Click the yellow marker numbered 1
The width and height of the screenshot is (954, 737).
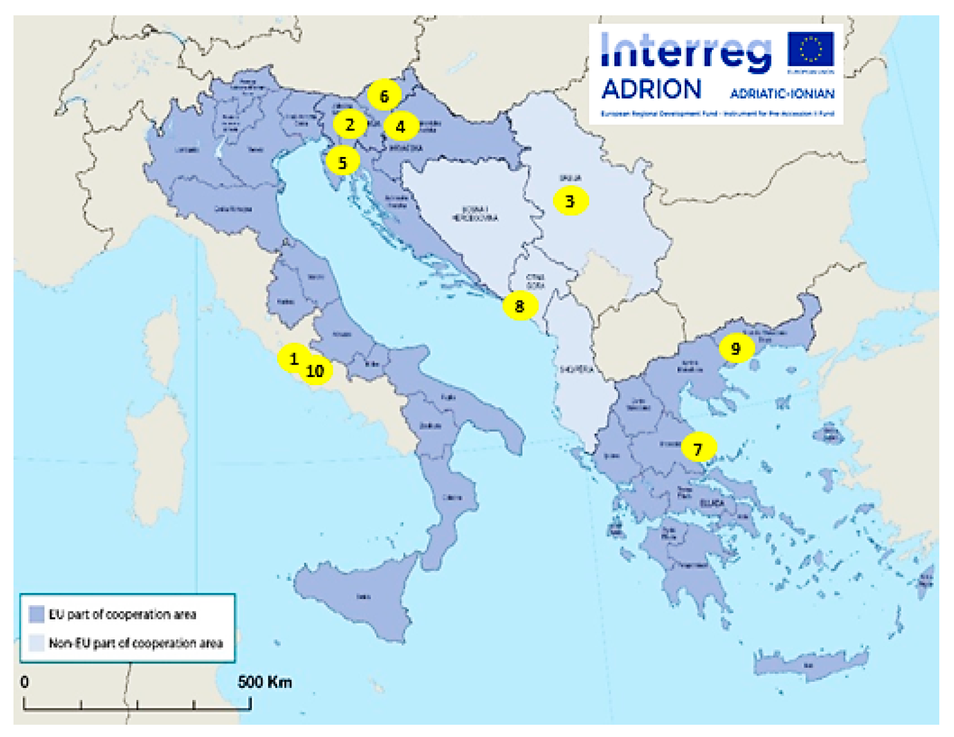tap(292, 358)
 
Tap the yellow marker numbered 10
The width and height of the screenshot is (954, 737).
tap(316, 370)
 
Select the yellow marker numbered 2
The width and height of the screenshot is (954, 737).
tap(349, 124)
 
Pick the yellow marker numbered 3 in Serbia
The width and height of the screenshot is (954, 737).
tap(570, 200)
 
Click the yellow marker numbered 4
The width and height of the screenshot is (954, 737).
tap(401, 126)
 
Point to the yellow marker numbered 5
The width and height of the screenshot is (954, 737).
tap(342, 162)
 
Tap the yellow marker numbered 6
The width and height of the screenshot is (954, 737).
tap(384, 96)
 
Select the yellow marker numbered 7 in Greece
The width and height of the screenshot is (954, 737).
tap(698, 448)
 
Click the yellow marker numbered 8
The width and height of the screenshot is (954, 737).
tap(520, 305)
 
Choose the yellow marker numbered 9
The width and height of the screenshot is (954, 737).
tap(736, 348)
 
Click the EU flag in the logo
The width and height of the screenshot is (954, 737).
tap(811, 50)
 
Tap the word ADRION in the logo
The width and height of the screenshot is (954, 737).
tap(651, 90)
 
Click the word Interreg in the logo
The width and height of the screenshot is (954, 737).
tap(685, 52)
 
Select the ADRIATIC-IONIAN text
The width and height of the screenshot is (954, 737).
tap(782, 94)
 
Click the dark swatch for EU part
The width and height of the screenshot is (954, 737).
tap(36, 614)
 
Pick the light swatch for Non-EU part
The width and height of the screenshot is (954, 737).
tap(36, 643)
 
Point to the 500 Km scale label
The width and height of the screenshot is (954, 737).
tap(264, 682)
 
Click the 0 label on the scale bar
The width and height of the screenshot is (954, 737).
tap(25, 682)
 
